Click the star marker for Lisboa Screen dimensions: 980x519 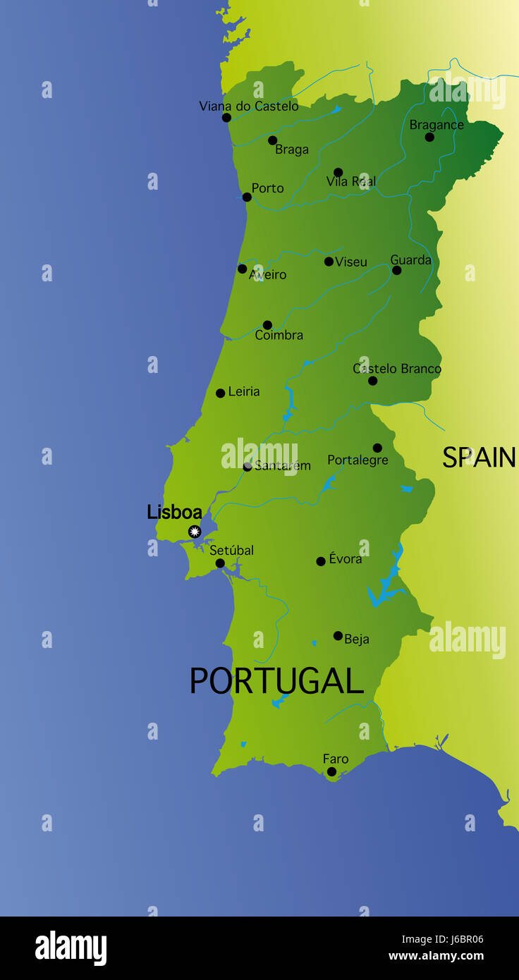tap(195, 532)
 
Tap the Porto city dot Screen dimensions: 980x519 tap(247, 197)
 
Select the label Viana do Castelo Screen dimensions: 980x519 tap(248, 106)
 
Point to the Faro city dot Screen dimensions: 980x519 tap(331, 771)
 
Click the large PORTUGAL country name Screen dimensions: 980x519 tap(276, 681)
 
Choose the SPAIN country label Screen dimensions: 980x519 tap(479, 458)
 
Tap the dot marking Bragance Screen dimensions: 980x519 tap(429, 137)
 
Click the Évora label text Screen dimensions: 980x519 tap(346, 559)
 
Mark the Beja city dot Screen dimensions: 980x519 tap(338, 635)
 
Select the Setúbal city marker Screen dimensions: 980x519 tap(220, 563)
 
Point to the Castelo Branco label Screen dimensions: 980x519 tap(397, 369)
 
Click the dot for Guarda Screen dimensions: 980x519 tap(397, 270)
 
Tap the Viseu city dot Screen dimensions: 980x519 tap(329, 262)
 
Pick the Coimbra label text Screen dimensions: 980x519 tap(279, 336)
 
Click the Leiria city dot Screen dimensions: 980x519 tap(220, 393)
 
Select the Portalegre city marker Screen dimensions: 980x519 tap(377, 448)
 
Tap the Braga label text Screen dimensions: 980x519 tap(292, 149)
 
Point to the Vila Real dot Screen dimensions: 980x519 tap(338, 172)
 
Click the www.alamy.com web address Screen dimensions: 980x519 tap(436, 957)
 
